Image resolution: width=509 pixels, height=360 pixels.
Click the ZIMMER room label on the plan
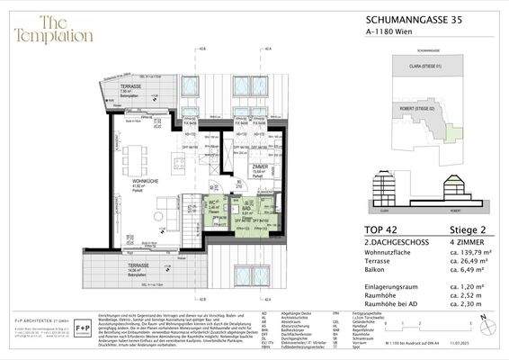coord(257,167)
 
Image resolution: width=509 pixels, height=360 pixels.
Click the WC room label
coord(212,206)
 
